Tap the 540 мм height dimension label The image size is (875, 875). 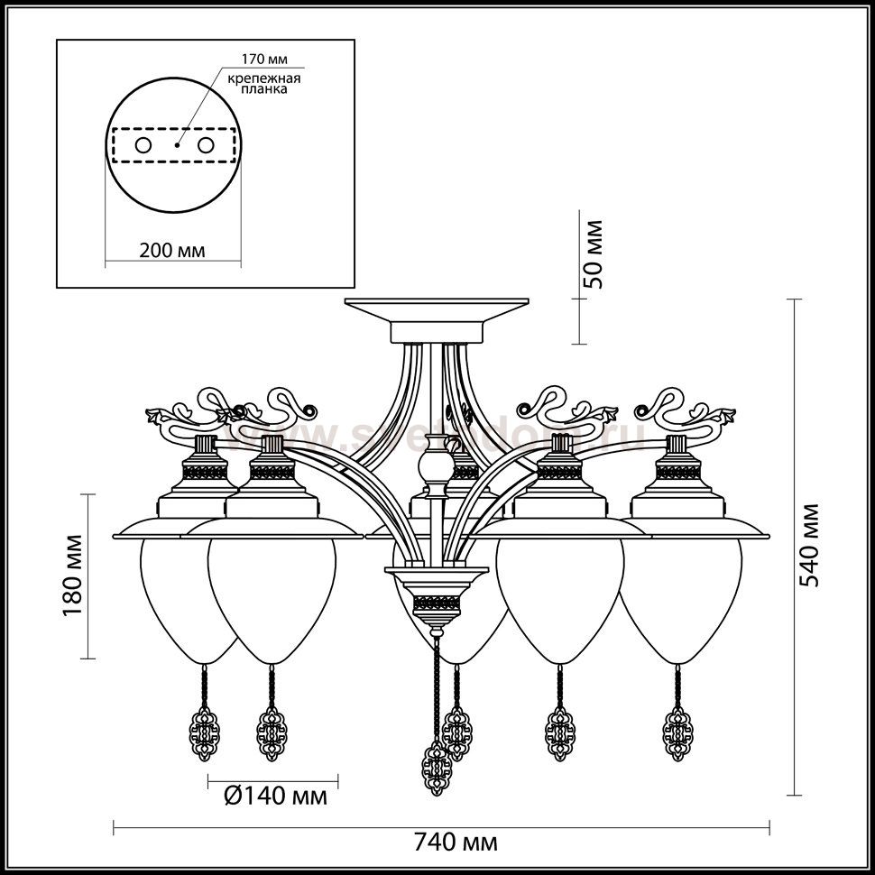[813, 544]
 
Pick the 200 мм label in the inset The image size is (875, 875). [171, 250]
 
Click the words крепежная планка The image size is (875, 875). [263, 84]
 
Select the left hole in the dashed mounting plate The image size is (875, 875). [143, 144]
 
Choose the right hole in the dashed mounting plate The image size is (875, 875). [207, 144]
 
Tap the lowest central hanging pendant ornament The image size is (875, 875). [437, 768]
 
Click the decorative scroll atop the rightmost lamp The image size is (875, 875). [690, 411]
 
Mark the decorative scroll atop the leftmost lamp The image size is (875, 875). [189, 411]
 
